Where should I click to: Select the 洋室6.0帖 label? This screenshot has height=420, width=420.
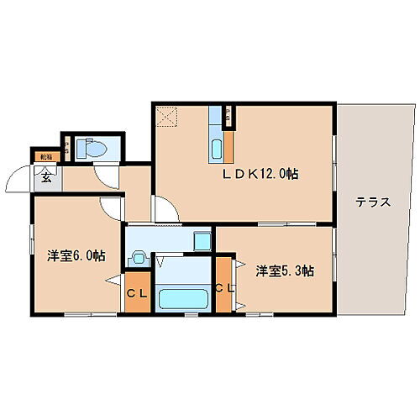pos(76,255)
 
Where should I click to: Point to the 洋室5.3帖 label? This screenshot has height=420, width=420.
pos(286,270)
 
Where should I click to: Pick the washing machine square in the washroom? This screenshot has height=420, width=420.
pos(202,240)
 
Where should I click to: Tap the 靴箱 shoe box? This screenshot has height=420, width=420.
pos(45,156)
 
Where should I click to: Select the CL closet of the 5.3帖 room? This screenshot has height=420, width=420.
pos(223,288)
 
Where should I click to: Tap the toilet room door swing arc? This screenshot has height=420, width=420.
pos(106,176)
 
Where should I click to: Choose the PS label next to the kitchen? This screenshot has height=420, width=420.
pos(228,117)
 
